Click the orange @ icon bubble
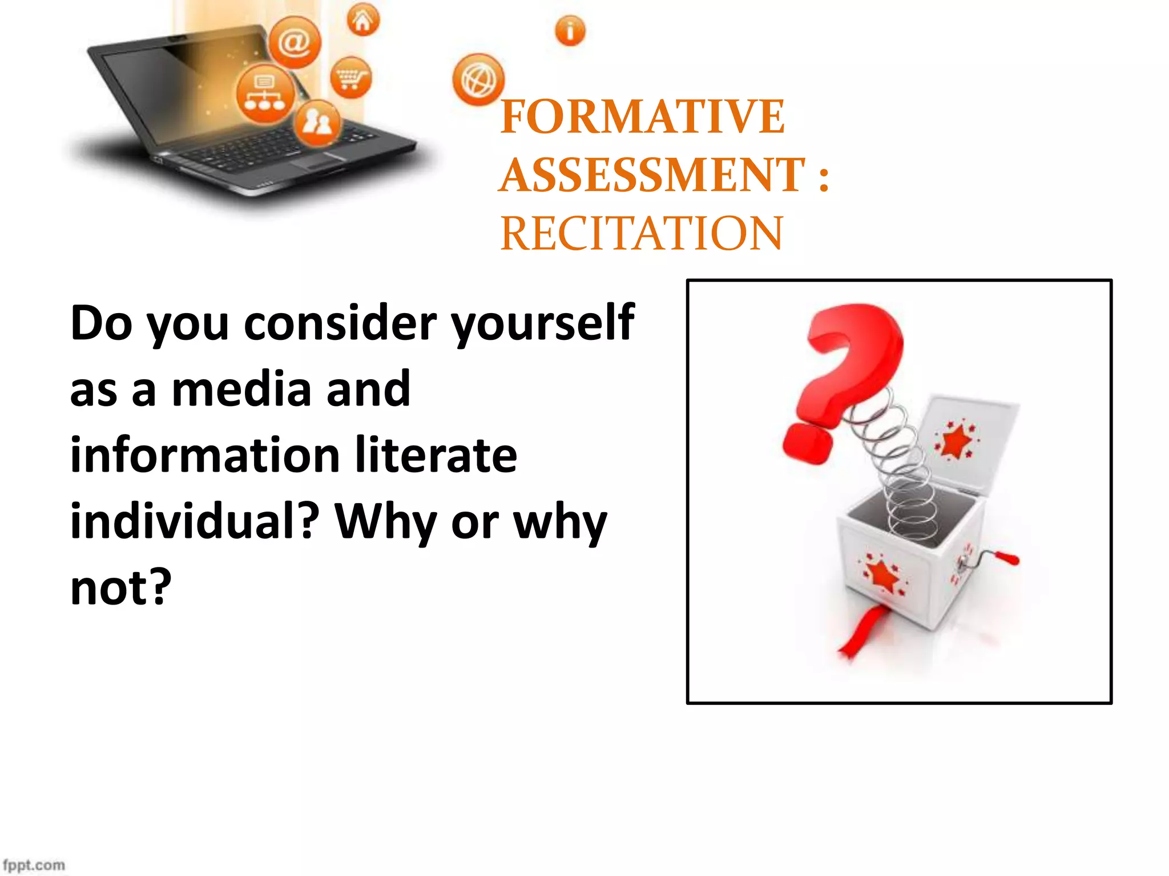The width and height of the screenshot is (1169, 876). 295,42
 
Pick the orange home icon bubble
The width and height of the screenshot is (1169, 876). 363,21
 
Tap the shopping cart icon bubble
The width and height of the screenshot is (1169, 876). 350,77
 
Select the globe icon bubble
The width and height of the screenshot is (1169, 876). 478,80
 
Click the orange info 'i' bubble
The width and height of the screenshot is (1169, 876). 570,30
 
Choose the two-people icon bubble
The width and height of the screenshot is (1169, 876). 317,123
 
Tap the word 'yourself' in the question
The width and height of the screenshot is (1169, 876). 542,324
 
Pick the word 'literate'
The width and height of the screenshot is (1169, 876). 436,456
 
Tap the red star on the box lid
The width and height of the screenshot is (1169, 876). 956,441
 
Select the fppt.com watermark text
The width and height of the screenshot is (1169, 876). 34,865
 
